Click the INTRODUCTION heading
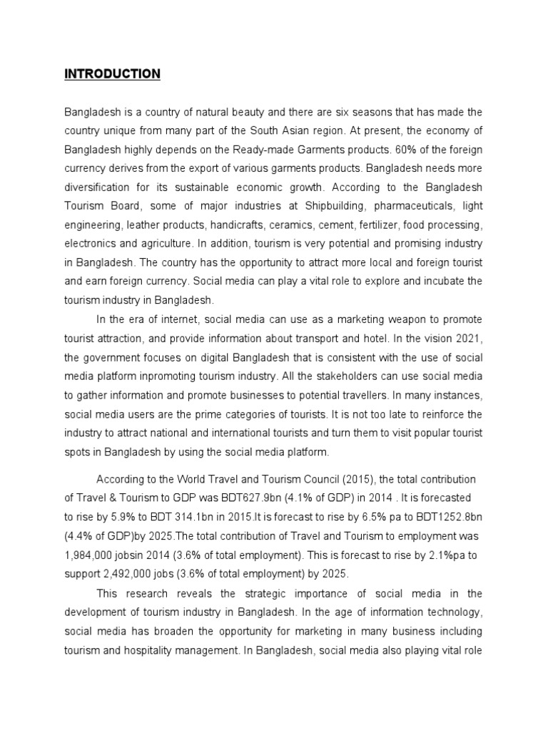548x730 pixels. click(x=113, y=74)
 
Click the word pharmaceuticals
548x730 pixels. click(x=413, y=205)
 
